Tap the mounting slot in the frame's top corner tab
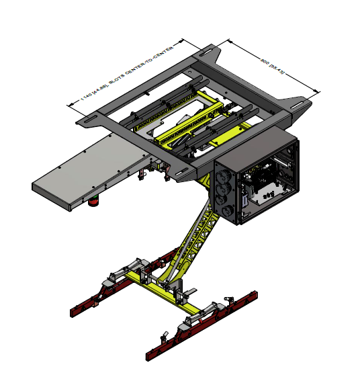pos(204,49)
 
